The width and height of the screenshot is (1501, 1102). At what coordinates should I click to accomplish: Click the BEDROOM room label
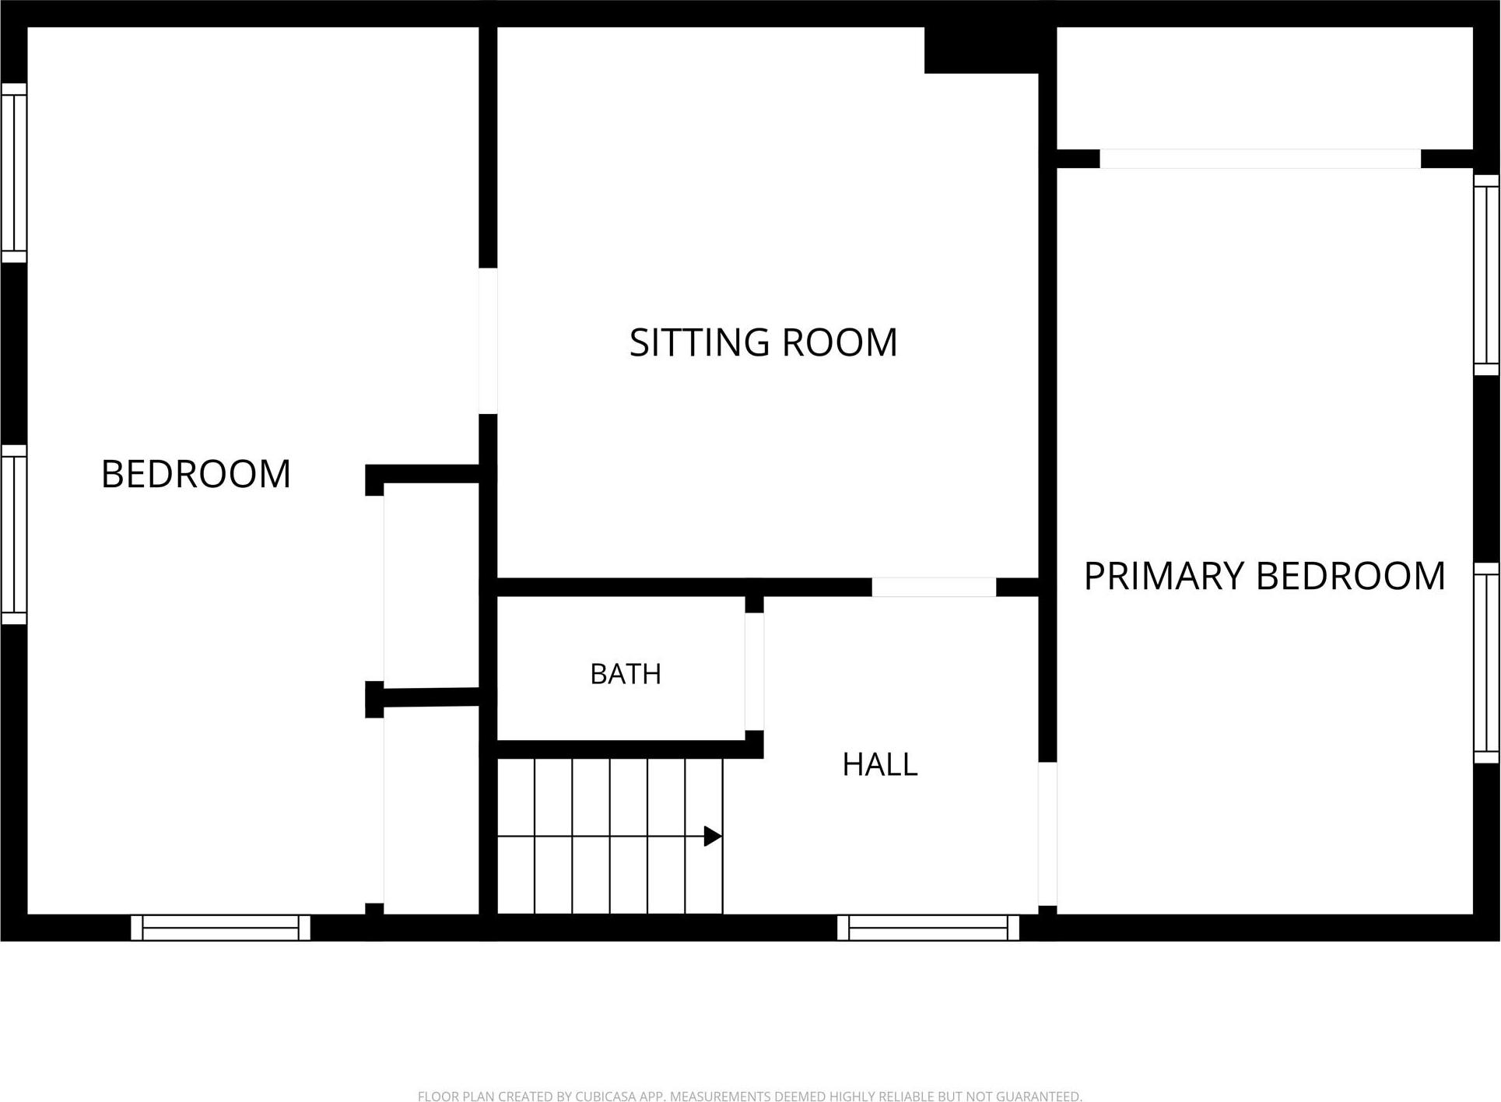click(196, 474)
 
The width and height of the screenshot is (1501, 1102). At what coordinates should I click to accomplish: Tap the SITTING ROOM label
click(763, 342)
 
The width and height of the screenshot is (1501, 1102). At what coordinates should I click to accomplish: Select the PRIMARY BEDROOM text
click(1264, 576)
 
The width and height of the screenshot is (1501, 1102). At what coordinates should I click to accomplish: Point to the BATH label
click(626, 674)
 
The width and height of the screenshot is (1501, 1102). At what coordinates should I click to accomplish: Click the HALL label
click(880, 765)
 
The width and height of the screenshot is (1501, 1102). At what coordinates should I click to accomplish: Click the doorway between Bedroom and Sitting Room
click(488, 341)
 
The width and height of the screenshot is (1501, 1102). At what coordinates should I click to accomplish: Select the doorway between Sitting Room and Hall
click(934, 588)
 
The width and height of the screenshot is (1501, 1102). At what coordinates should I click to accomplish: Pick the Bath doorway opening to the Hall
click(754, 672)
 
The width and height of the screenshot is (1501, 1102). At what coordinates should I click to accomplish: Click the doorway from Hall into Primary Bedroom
click(1047, 834)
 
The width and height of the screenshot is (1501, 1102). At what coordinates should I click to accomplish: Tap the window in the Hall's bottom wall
click(928, 928)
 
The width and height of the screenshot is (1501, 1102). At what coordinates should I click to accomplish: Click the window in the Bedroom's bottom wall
click(220, 928)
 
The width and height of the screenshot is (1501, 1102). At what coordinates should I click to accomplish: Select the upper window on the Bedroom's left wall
click(14, 173)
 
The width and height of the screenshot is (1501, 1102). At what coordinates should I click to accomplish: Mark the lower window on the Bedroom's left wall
click(14, 535)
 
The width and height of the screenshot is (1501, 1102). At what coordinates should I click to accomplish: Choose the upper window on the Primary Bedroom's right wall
click(1486, 275)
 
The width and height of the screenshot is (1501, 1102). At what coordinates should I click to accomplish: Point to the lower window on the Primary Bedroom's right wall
click(1486, 663)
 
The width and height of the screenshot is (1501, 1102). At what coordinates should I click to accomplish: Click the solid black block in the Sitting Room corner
click(981, 50)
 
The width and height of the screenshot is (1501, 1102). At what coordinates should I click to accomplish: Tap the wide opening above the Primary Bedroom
click(1260, 159)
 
